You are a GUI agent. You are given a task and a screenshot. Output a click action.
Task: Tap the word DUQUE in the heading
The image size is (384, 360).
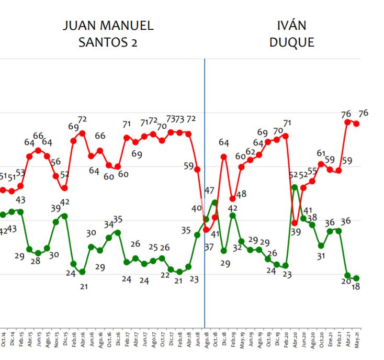click(x=292, y=42)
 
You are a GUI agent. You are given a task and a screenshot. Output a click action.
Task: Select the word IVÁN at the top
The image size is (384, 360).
click(x=292, y=25)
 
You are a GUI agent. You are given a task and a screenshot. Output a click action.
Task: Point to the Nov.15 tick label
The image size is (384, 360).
click(x=56, y=340)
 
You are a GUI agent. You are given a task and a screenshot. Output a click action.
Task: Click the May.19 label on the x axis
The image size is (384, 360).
click(x=242, y=340)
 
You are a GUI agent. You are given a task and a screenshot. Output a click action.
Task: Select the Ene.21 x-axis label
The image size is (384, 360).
click(x=330, y=340)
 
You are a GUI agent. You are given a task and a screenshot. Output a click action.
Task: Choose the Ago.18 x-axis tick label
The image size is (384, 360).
click(x=206, y=340)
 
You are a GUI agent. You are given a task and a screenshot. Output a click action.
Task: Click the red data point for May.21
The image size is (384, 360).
click(x=356, y=123)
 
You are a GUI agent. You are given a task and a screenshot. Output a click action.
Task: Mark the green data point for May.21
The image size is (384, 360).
click(x=356, y=278)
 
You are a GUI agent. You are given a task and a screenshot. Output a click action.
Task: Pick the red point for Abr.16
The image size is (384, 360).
click(x=82, y=133)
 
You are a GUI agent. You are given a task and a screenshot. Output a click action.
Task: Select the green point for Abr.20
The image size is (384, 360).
click(x=295, y=187)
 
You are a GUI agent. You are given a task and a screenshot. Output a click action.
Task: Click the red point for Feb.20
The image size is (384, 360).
click(x=286, y=135)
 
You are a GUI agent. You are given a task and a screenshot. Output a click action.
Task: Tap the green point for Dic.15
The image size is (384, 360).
click(x=64, y=215)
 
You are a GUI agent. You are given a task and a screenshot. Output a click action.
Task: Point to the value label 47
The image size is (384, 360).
click(x=210, y=190)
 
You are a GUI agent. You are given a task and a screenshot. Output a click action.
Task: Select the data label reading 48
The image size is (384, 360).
click(x=241, y=195)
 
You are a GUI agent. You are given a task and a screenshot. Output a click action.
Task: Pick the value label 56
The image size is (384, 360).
click(x=56, y=162)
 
